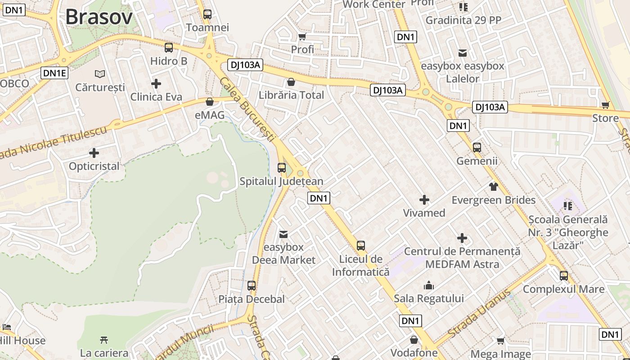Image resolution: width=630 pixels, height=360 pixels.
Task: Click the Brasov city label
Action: pyautogui.click(x=99, y=17)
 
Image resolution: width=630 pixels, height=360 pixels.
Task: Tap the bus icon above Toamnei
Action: pyautogui.click(x=207, y=14)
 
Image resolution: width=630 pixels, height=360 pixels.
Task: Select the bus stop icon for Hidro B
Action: pyautogui.click(x=169, y=47)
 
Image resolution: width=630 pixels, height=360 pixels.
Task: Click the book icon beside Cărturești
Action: pyautogui.click(x=99, y=74)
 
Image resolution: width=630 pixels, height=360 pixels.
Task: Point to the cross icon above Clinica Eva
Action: pyautogui.click(x=156, y=84)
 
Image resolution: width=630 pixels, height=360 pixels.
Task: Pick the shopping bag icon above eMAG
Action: pyautogui.click(x=209, y=102)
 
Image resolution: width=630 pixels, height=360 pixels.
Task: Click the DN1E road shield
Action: pyautogui.click(x=54, y=73)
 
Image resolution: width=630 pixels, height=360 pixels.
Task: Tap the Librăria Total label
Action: pyautogui.click(x=291, y=95)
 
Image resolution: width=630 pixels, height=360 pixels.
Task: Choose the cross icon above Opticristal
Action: pyautogui.click(x=94, y=153)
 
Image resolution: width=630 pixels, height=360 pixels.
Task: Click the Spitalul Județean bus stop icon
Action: pyautogui.click(x=282, y=168)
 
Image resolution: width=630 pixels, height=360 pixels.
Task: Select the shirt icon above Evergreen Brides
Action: pyautogui.click(x=494, y=186)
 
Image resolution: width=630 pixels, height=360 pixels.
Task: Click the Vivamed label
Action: pyautogui.click(x=424, y=213)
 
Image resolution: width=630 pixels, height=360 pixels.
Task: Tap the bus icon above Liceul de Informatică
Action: pyautogui.click(x=361, y=245)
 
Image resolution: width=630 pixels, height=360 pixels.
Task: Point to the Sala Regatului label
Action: pyautogui.click(x=428, y=298)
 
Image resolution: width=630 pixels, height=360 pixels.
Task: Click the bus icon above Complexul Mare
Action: pyautogui.click(x=564, y=275)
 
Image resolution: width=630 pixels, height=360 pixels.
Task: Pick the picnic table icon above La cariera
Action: pyautogui.click(x=104, y=340)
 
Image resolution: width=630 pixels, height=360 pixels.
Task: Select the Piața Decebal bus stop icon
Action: pyautogui.click(x=252, y=285)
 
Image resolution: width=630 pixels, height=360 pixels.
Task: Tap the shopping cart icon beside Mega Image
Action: pyautogui.click(x=501, y=341)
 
